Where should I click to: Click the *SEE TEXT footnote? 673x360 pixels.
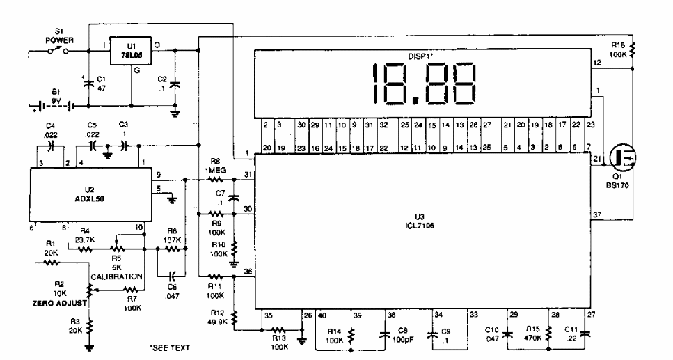(170, 346)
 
